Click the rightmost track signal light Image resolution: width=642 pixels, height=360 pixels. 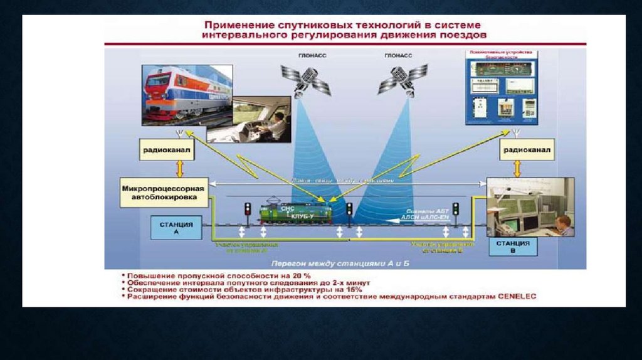pos(456,209)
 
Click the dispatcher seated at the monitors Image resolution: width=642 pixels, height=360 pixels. pos(564,225)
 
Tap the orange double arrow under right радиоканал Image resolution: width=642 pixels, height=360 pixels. pos(517,168)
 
